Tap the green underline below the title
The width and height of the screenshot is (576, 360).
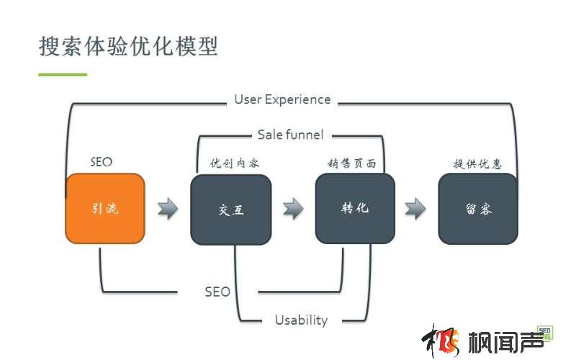pyautogui.click(x=63, y=74)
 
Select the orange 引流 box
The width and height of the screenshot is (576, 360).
pyautogui.click(x=105, y=209)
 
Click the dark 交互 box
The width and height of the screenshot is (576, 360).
pyautogui.click(x=230, y=210)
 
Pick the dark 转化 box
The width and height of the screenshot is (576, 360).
pyautogui.click(x=355, y=208)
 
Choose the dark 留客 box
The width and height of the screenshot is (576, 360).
pyautogui.click(x=478, y=209)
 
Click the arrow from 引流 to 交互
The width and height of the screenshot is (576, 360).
pyautogui.click(x=168, y=209)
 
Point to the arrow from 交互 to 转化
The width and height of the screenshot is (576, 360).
pyautogui.click(x=293, y=209)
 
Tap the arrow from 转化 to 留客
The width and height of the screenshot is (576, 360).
pyautogui.click(x=415, y=209)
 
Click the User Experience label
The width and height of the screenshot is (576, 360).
pyautogui.click(x=282, y=99)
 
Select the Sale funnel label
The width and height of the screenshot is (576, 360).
pyautogui.click(x=290, y=135)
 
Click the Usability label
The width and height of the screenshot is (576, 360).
pyautogui.click(x=301, y=320)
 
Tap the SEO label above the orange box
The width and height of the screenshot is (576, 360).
pyautogui.click(x=102, y=162)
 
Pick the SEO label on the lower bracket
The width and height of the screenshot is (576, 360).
pyautogui.click(x=217, y=292)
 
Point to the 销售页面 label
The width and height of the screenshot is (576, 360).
pyautogui.click(x=352, y=163)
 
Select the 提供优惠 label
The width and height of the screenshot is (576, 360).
pyautogui.click(x=477, y=163)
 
